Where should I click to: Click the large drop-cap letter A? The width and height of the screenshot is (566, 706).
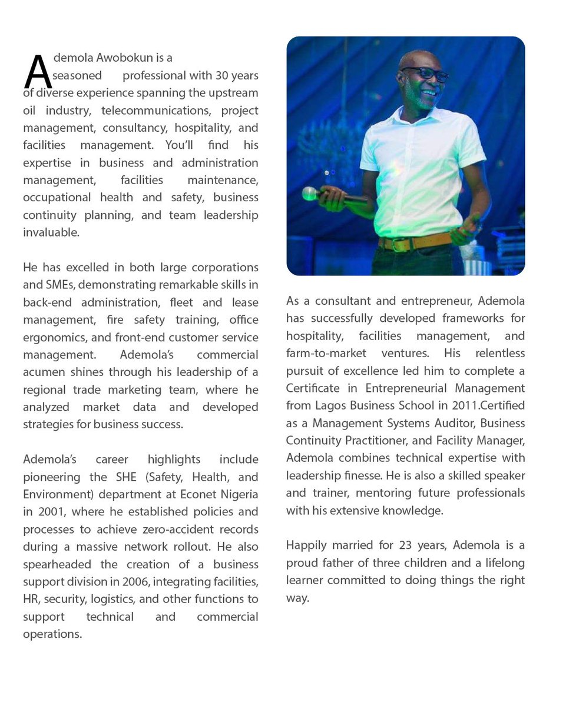pyautogui.click(x=38, y=72)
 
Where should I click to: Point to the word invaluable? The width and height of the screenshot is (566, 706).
pyautogui.click(x=51, y=232)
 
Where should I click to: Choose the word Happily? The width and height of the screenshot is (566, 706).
pyautogui.click(x=306, y=545)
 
